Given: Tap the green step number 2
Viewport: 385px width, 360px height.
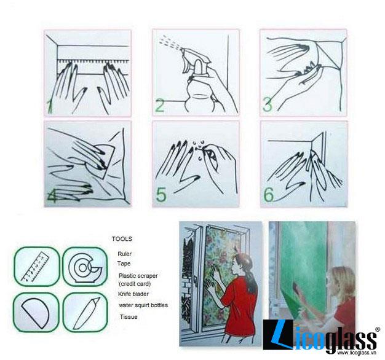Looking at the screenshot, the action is (x=160, y=106).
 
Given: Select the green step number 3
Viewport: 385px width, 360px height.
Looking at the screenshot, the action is (x=268, y=104).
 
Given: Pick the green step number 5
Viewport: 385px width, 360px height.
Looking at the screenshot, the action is (x=161, y=195).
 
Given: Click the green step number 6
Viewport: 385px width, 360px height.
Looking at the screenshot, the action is (x=268, y=195).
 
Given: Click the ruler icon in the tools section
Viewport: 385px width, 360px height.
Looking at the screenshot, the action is (x=36, y=267).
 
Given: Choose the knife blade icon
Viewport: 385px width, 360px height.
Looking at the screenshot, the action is (x=87, y=313).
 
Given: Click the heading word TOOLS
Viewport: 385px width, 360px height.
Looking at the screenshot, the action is (x=122, y=239).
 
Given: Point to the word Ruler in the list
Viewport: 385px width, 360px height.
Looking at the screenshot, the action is (x=124, y=254).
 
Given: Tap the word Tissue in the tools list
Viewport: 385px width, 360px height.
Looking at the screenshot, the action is (x=129, y=317).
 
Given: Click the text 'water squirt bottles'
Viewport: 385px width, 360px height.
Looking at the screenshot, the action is (x=143, y=305).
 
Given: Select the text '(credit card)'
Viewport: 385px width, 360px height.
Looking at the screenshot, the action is (x=135, y=284).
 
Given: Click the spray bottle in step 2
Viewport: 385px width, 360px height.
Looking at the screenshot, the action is (x=197, y=81).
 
